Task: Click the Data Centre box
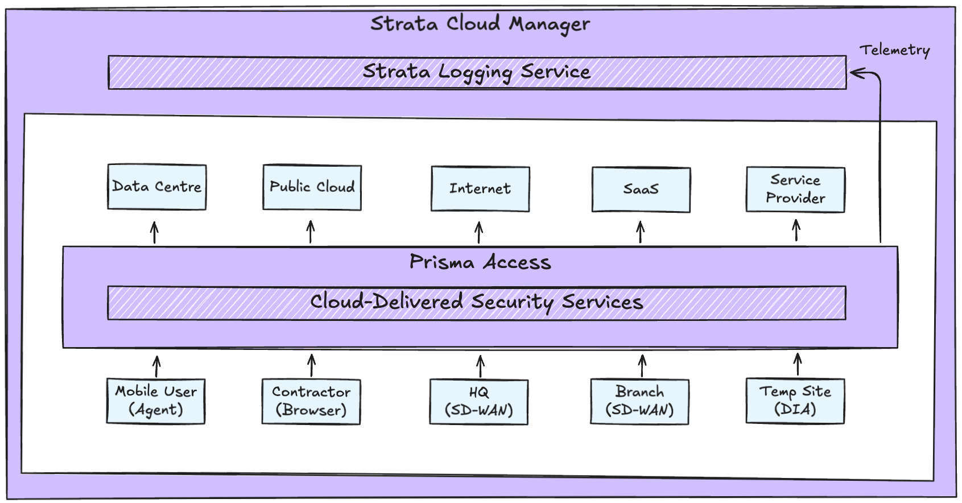pos(157,187)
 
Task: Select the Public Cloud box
pos(312,187)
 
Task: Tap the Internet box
pos(480,189)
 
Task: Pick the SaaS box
pos(641,189)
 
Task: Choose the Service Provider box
pos(795,189)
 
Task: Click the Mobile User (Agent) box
pos(156,401)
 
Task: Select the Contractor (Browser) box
pos(311,402)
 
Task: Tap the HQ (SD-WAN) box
pos(479,402)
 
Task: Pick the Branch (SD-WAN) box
pos(639,402)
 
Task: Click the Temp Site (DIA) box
pos(795,401)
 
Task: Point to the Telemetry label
pos(894,50)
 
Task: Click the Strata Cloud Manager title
pos(480,24)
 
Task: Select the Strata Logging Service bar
pos(477,72)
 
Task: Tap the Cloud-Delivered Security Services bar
pos(477,303)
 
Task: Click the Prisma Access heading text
pos(480,262)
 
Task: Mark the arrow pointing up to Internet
pos(479,232)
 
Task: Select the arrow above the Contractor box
pos(312,365)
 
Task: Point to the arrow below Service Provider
pos(796,230)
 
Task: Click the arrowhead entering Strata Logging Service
pos(856,73)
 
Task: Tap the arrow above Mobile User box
pos(157,366)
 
